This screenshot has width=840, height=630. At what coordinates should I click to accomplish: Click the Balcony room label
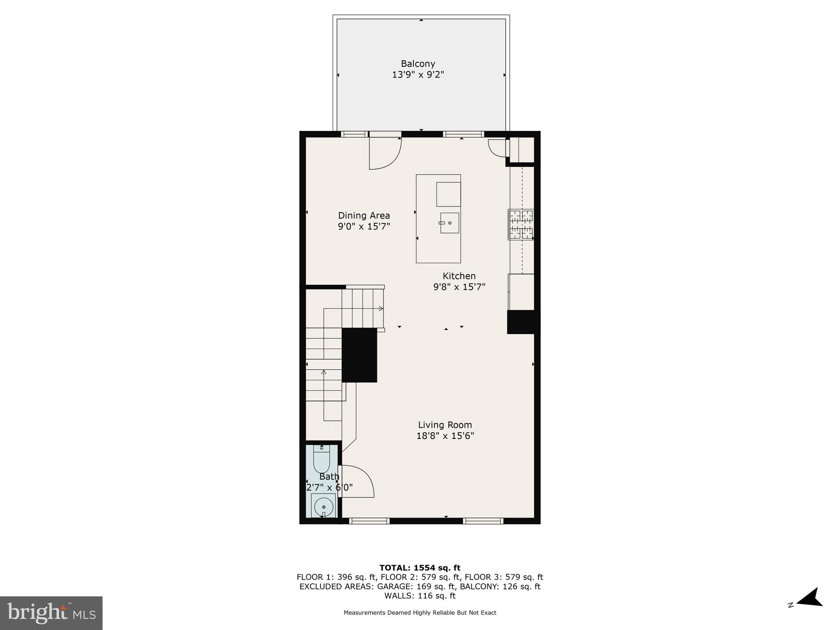[418, 64]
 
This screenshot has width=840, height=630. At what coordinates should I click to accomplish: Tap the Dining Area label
[364, 215]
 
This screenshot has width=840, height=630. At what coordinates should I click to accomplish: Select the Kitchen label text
[459, 276]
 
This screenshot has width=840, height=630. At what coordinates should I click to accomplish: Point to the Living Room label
[445, 425]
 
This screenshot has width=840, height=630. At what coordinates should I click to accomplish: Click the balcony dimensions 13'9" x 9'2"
[418, 75]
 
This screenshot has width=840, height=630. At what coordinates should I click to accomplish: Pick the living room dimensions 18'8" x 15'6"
[445, 436]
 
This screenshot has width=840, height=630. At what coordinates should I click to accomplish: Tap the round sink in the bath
[324, 507]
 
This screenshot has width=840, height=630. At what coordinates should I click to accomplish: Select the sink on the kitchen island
[450, 223]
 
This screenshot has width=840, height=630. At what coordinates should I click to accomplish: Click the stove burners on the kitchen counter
[521, 224]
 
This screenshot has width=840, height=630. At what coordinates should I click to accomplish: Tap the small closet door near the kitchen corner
[498, 148]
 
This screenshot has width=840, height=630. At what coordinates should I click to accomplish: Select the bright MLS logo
[51, 613]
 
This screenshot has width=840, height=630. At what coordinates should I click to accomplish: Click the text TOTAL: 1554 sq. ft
[420, 568]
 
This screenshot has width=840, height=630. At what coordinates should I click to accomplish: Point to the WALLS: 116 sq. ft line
[420, 596]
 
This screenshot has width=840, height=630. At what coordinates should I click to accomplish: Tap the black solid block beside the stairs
[359, 355]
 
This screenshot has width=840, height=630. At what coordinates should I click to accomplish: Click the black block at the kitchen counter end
[521, 322]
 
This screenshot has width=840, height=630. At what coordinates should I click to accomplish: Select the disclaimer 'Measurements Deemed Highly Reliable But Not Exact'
[420, 613]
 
